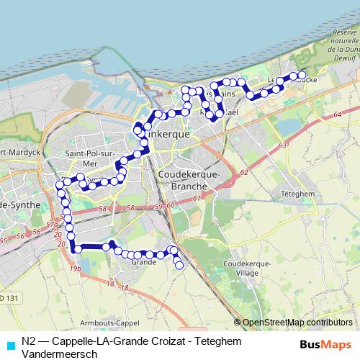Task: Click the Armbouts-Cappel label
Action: click(x=108, y=323)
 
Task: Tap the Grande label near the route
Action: click(x=143, y=262)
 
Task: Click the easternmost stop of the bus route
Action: click(x=302, y=75)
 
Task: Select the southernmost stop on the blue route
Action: click(x=179, y=266)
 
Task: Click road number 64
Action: click(x=337, y=114)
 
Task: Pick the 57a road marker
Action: click(x=52, y=225)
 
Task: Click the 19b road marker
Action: click(x=75, y=269)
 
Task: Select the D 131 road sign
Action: click(x=7, y=297)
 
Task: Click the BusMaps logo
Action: click(x=326, y=345)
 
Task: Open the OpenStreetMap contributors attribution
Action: click(x=297, y=323)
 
